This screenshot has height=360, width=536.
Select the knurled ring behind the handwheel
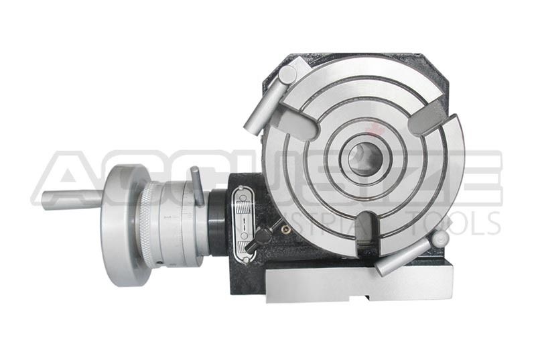(x=149, y=221)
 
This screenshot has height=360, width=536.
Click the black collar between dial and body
(x=218, y=221)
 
